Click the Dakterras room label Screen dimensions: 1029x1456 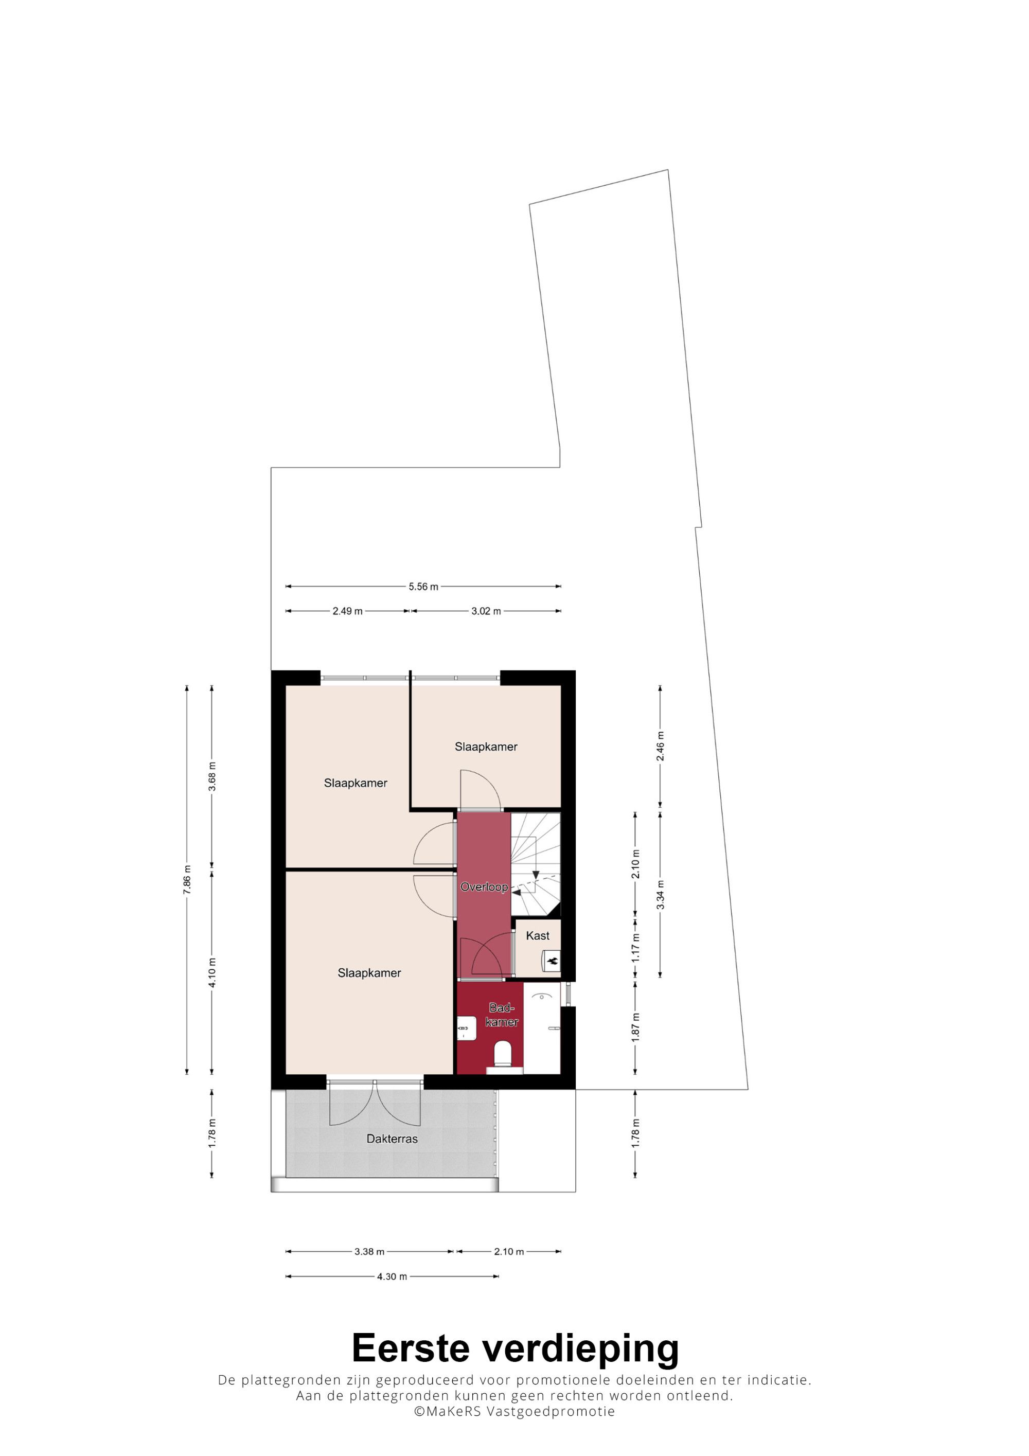(392, 1139)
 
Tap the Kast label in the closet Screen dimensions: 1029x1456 (538, 935)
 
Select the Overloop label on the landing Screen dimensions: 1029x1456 (484, 886)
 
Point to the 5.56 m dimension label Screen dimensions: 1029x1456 (423, 587)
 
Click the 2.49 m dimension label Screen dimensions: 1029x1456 (347, 611)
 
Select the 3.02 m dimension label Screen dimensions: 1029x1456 (486, 611)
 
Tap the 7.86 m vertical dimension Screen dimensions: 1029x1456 (187, 880)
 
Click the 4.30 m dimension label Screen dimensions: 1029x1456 (392, 1276)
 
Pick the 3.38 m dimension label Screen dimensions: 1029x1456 (369, 1252)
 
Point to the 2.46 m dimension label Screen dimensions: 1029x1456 (661, 747)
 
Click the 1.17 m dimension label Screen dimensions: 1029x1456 (635, 947)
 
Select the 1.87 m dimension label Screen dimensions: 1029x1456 (635, 1027)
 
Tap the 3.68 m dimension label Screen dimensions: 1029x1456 (212, 776)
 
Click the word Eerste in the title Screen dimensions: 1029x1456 (412, 1347)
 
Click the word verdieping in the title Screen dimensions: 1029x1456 (581, 1350)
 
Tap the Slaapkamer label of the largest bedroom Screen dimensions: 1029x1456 (369, 973)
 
